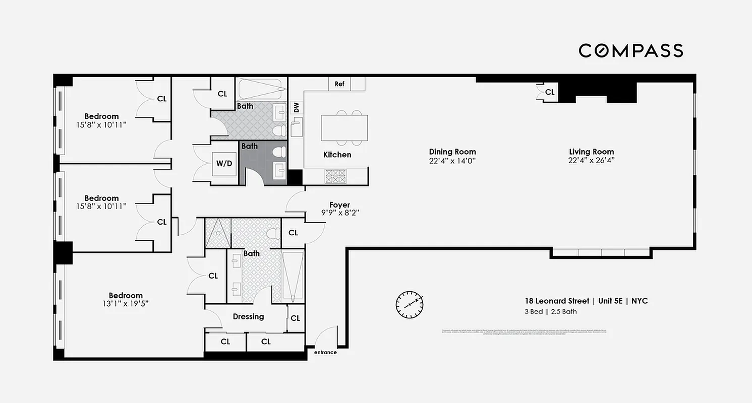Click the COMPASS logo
[x=630, y=50]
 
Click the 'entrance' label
[x=325, y=353]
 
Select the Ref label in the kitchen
[x=339, y=84]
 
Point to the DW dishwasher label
[x=296, y=107]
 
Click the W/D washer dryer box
[x=224, y=164]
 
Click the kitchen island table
[x=344, y=128]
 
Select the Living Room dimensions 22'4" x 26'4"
[x=591, y=161]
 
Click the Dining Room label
[x=452, y=152]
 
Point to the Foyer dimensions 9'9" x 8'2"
[x=339, y=213]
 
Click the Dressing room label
[x=248, y=317]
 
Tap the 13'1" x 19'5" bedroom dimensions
[x=126, y=304]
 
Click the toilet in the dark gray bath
[x=278, y=152]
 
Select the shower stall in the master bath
[x=217, y=233]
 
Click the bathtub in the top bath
[x=261, y=90]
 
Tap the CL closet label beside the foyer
[x=293, y=233]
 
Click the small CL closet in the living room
[x=549, y=92]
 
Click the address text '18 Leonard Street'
[x=557, y=301]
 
